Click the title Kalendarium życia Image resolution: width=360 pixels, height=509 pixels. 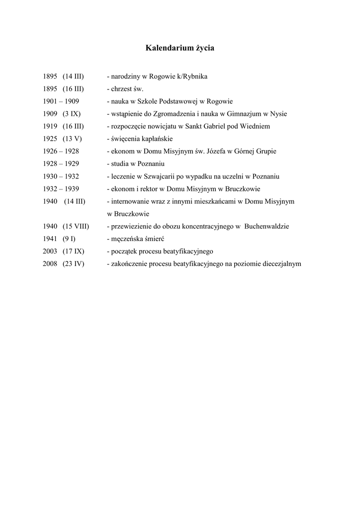pos(180,48)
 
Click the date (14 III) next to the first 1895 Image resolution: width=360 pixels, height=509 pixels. pos(73,77)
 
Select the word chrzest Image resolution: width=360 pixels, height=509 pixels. pos(122,89)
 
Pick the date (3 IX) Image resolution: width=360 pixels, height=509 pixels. pos(72,114)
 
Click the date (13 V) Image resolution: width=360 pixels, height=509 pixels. pos(73,139)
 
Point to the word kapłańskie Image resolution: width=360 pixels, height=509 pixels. pos(157,139)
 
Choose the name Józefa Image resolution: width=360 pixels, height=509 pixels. pos(215,151)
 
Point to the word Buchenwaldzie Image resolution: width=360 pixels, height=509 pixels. pos(267,226)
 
